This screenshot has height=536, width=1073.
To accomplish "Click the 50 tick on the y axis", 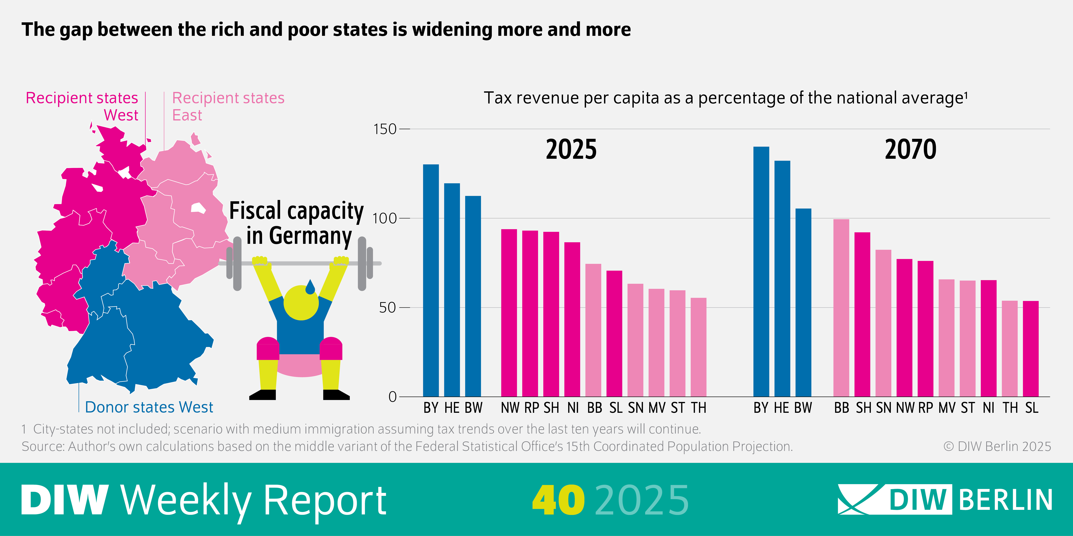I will coord(387,308).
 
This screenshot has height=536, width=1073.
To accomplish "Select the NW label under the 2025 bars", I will coord(510,408).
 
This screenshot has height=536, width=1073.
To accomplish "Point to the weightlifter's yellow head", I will coord(301,303).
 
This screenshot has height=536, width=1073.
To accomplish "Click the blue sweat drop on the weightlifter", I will coord(310,287).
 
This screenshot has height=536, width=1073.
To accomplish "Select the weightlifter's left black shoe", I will coord(262,395).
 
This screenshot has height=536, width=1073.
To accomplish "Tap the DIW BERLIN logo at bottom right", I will coord(945,499).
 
